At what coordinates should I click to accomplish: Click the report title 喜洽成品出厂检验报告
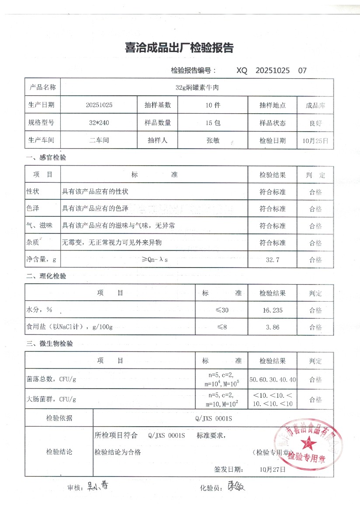click(x=179, y=48)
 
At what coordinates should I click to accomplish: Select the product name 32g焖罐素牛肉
click(x=197, y=87)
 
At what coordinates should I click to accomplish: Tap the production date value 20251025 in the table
click(x=99, y=105)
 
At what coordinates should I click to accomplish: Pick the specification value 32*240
click(x=99, y=123)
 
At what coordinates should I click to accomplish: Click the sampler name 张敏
click(x=213, y=141)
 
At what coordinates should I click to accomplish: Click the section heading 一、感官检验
click(x=46, y=157)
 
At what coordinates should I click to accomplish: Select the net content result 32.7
click(x=273, y=260)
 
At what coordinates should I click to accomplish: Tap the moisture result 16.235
click(x=272, y=310)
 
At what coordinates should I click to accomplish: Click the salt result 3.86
click(x=273, y=327)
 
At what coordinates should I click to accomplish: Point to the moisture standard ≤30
click(x=222, y=310)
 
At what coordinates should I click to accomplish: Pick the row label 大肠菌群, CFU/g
click(x=52, y=399)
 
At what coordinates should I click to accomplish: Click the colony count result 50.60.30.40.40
click(x=273, y=379)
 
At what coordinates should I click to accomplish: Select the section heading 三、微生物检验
click(x=49, y=344)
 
